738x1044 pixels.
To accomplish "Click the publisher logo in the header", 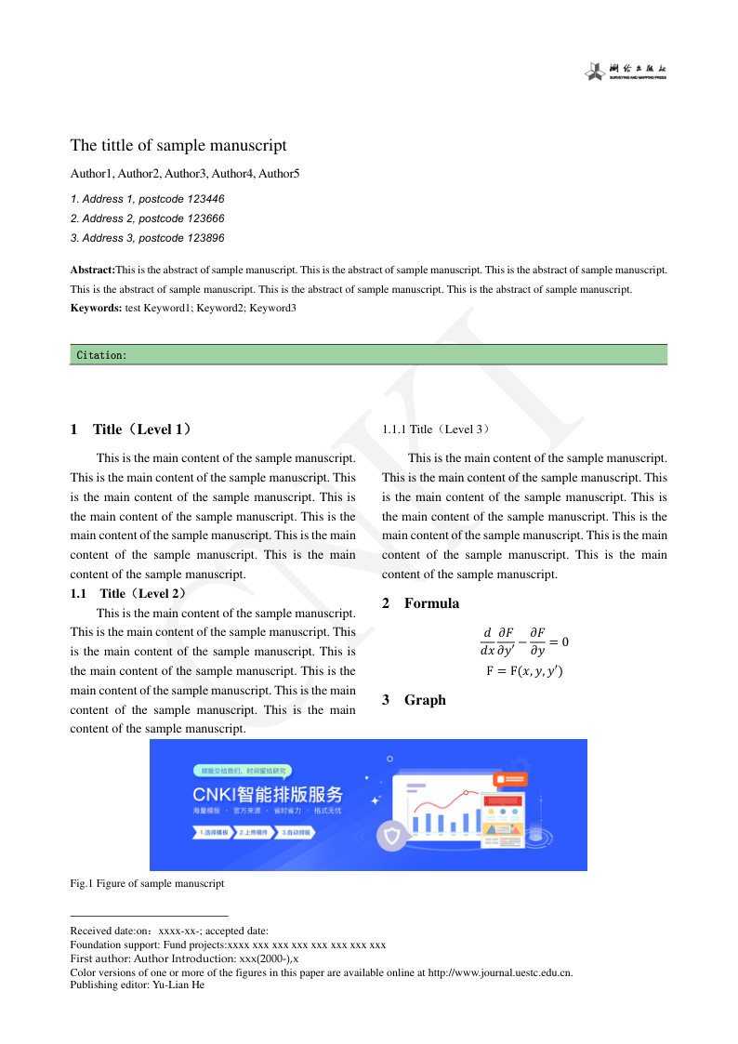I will click(626, 72).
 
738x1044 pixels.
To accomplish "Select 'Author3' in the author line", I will click(187, 174).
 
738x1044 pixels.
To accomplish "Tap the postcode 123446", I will click(204, 199).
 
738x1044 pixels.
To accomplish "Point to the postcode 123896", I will click(204, 238).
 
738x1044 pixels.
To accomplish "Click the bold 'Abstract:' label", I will click(92, 270).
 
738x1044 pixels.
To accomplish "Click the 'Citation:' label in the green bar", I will click(101, 355).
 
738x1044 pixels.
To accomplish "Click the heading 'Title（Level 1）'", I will click(143, 429).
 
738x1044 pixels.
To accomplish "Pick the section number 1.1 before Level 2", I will click(78, 593).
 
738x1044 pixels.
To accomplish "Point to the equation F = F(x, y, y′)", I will click(524, 671).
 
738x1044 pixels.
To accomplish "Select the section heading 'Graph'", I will click(425, 700).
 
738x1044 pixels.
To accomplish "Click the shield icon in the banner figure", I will click(392, 837).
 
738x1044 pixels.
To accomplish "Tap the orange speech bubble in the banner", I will click(511, 779).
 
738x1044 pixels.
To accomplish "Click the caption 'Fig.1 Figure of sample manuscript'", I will click(147, 883).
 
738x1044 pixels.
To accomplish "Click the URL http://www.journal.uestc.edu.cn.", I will click(500, 972).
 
